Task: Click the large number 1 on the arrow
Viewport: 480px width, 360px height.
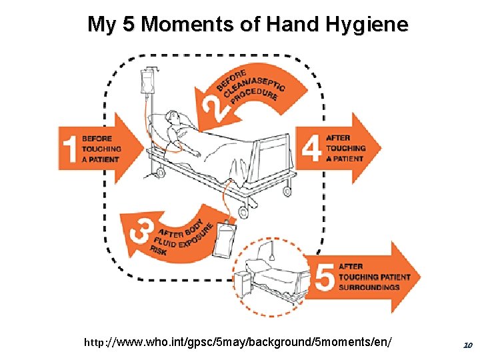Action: click(x=69, y=148)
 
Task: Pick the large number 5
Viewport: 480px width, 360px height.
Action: click(x=325, y=277)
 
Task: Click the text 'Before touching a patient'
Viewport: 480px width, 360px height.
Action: click(x=101, y=149)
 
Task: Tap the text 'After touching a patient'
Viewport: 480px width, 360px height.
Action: click(x=345, y=148)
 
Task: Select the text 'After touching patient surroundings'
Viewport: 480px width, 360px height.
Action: click(x=368, y=277)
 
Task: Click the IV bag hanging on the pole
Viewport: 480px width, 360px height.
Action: click(x=147, y=83)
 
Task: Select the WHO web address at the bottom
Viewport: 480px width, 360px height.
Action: click(x=237, y=342)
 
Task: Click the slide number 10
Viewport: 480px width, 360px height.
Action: click(x=467, y=345)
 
